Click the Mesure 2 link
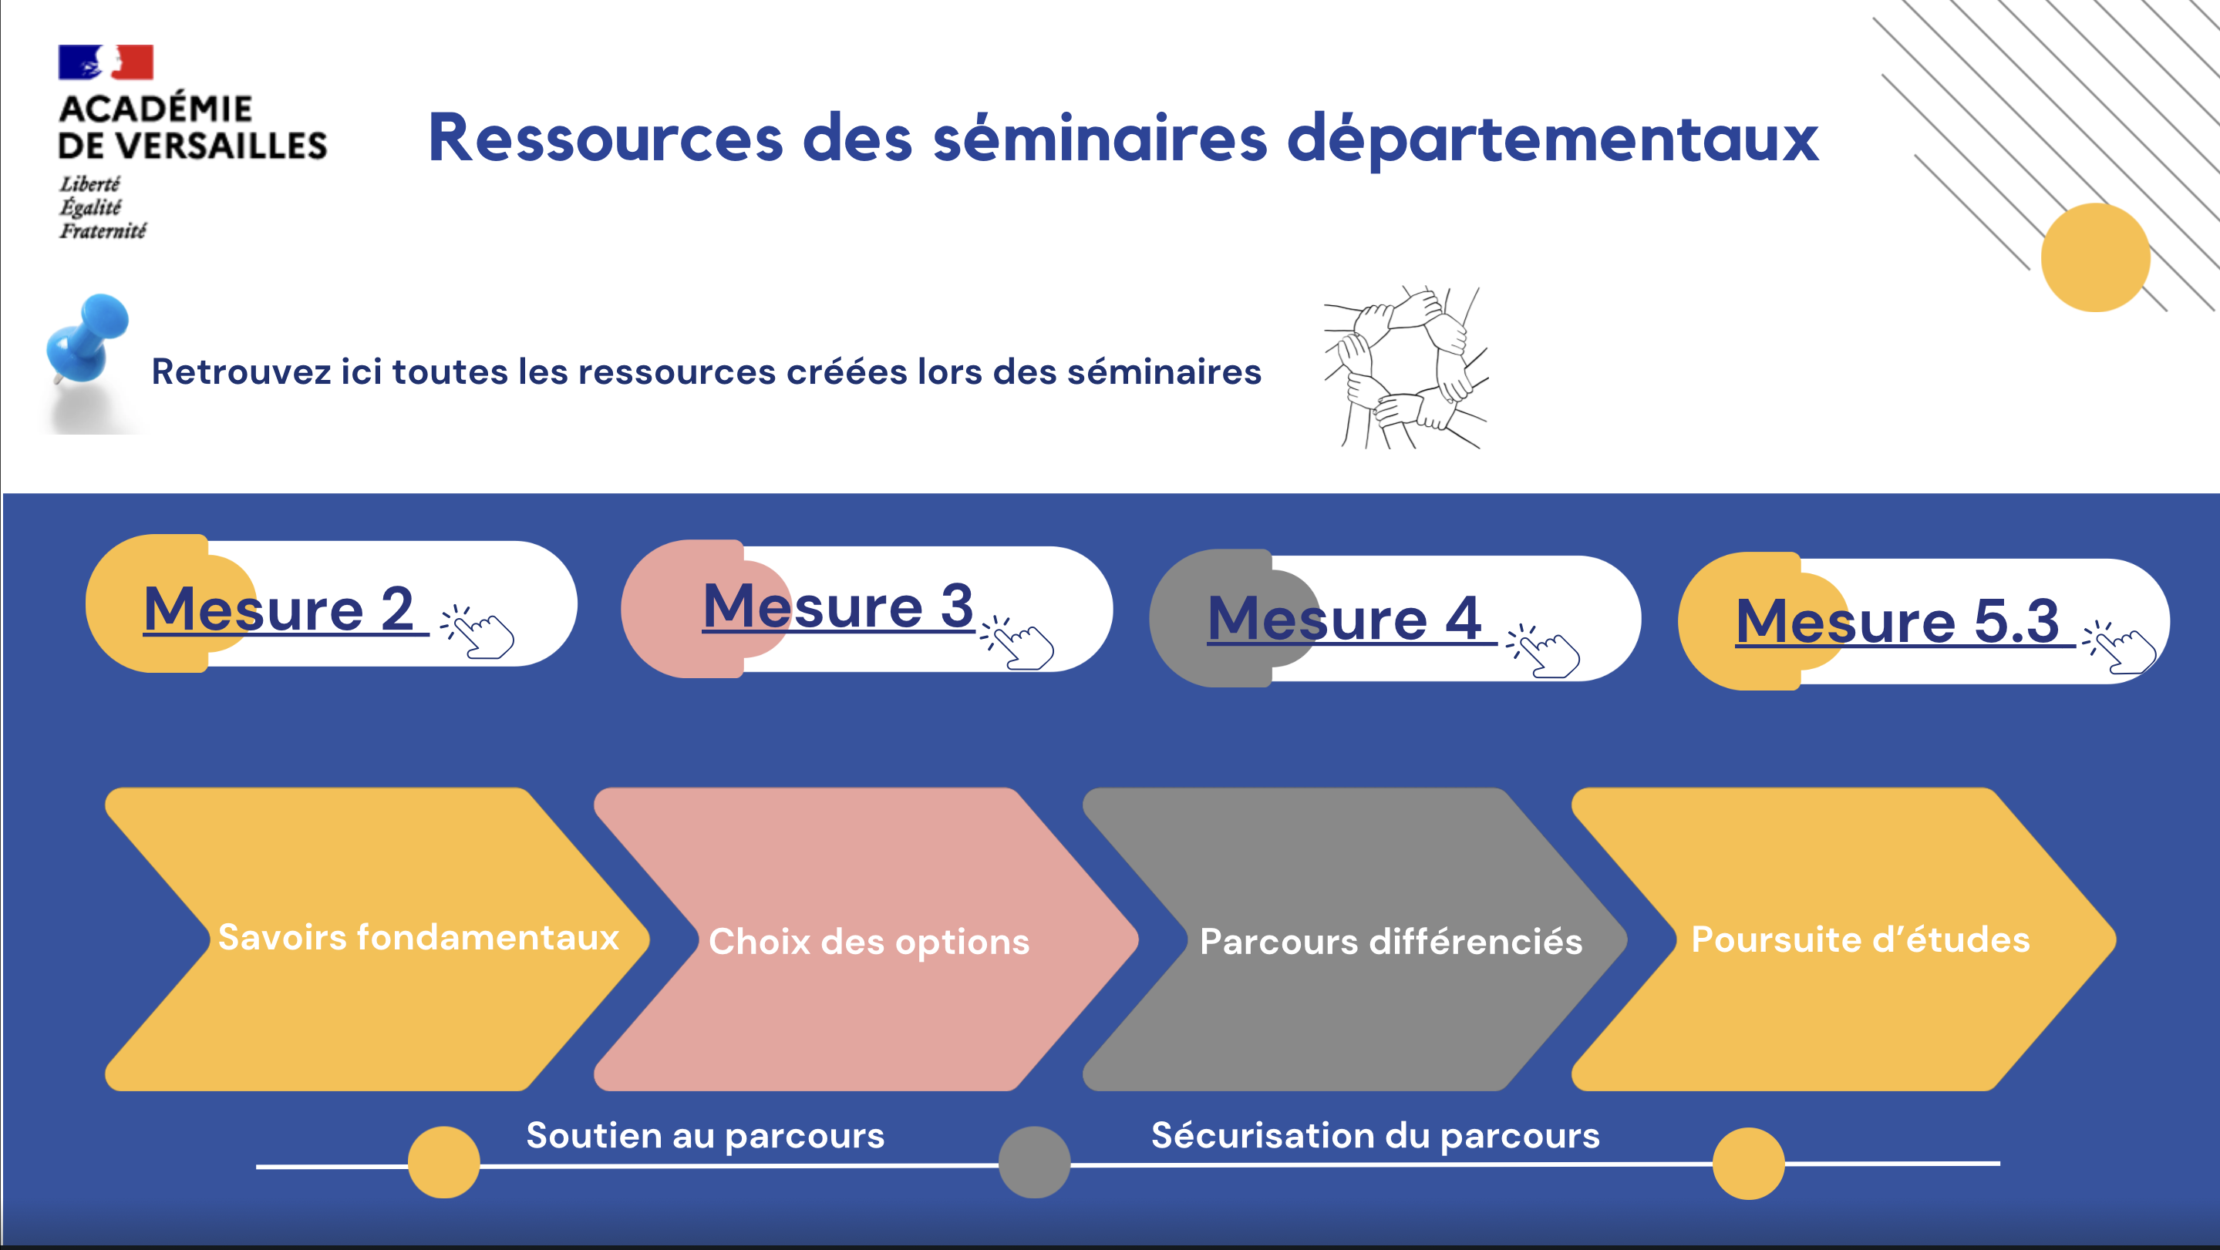tap(278, 609)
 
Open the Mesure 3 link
tap(837, 606)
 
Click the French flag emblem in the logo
tap(106, 62)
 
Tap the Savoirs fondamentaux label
tap(419, 937)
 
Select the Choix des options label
tap(869, 942)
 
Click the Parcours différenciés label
tap(1391, 941)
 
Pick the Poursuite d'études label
tap(1861, 939)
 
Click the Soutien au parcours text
tap(705, 1135)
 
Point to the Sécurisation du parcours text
tap(1376, 1135)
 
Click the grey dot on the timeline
tap(1034, 1162)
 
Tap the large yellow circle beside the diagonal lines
tap(2096, 257)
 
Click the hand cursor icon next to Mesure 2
tap(477, 631)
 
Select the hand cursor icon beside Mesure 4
tap(1544, 650)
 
